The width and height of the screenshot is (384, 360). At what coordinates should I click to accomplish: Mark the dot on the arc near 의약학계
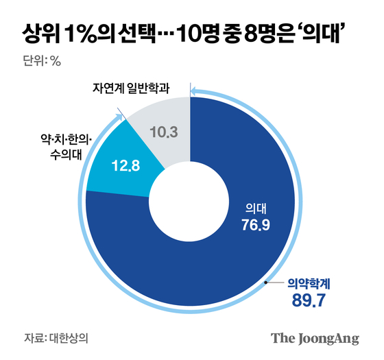[267, 281]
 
